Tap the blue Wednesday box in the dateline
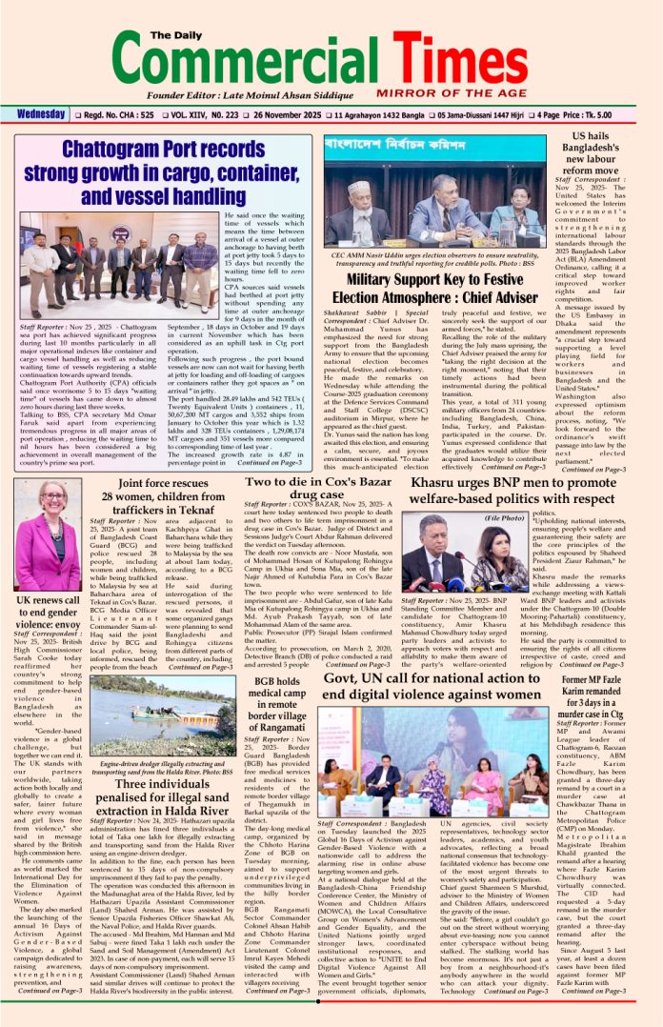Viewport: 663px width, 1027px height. coord(40,115)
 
